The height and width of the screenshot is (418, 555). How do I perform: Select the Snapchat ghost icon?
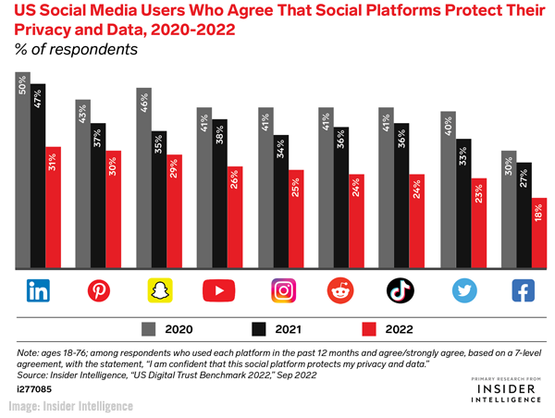tap(159, 291)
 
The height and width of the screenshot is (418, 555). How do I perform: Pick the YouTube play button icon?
tap(219, 291)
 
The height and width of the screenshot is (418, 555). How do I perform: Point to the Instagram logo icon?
tap(280, 291)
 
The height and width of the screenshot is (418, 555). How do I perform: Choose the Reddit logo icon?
tap(340, 291)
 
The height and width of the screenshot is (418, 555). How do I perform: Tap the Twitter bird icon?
tap(462, 291)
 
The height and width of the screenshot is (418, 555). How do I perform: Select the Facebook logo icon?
tap(523, 291)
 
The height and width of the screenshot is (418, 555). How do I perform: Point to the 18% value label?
tap(539, 213)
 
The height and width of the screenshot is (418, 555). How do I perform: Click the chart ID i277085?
tap(34, 389)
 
